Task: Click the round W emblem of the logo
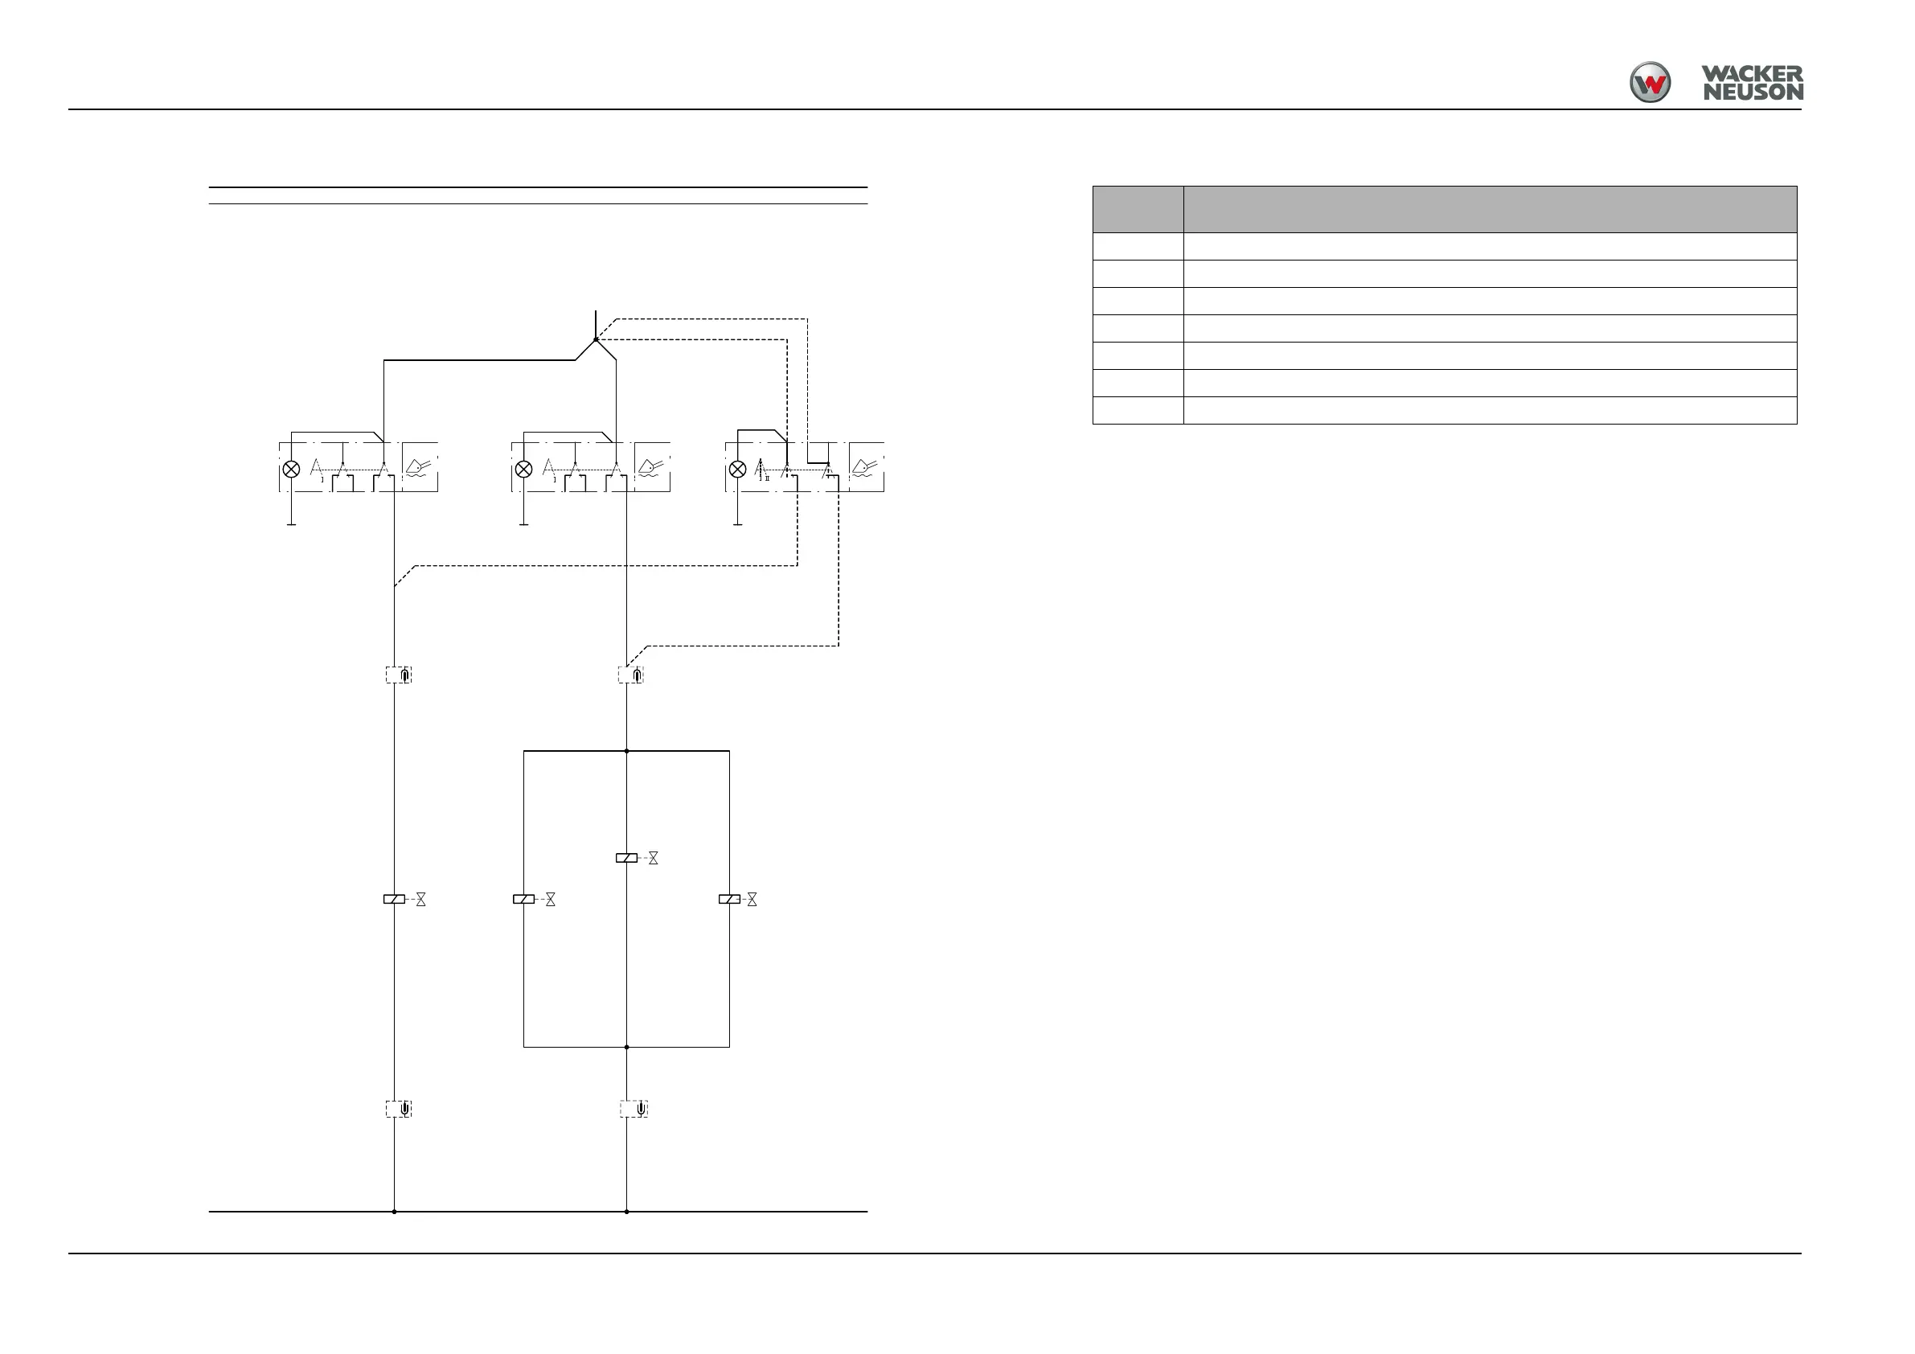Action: tap(1650, 83)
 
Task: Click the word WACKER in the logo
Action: tap(1752, 74)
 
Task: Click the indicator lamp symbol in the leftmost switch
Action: tap(291, 469)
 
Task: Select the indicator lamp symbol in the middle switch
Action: tap(523, 469)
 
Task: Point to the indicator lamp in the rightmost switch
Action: tap(737, 469)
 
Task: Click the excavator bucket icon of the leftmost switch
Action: tap(420, 467)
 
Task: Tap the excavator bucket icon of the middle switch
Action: tap(651, 467)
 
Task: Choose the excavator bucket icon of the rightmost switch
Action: tap(866, 467)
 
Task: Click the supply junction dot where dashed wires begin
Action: tap(596, 339)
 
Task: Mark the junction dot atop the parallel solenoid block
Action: tap(626, 751)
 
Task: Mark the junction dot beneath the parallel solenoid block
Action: tap(626, 1047)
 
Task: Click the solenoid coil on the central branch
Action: tap(626, 858)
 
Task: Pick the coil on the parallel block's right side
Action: tap(729, 900)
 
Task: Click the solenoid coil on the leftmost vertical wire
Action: tap(394, 900)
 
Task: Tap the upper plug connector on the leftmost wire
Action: tap(399, 674)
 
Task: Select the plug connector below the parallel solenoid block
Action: tap(634, 1109)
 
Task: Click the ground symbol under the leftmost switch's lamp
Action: tap(291, 524)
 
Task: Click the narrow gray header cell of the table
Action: tap(1138, 209)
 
